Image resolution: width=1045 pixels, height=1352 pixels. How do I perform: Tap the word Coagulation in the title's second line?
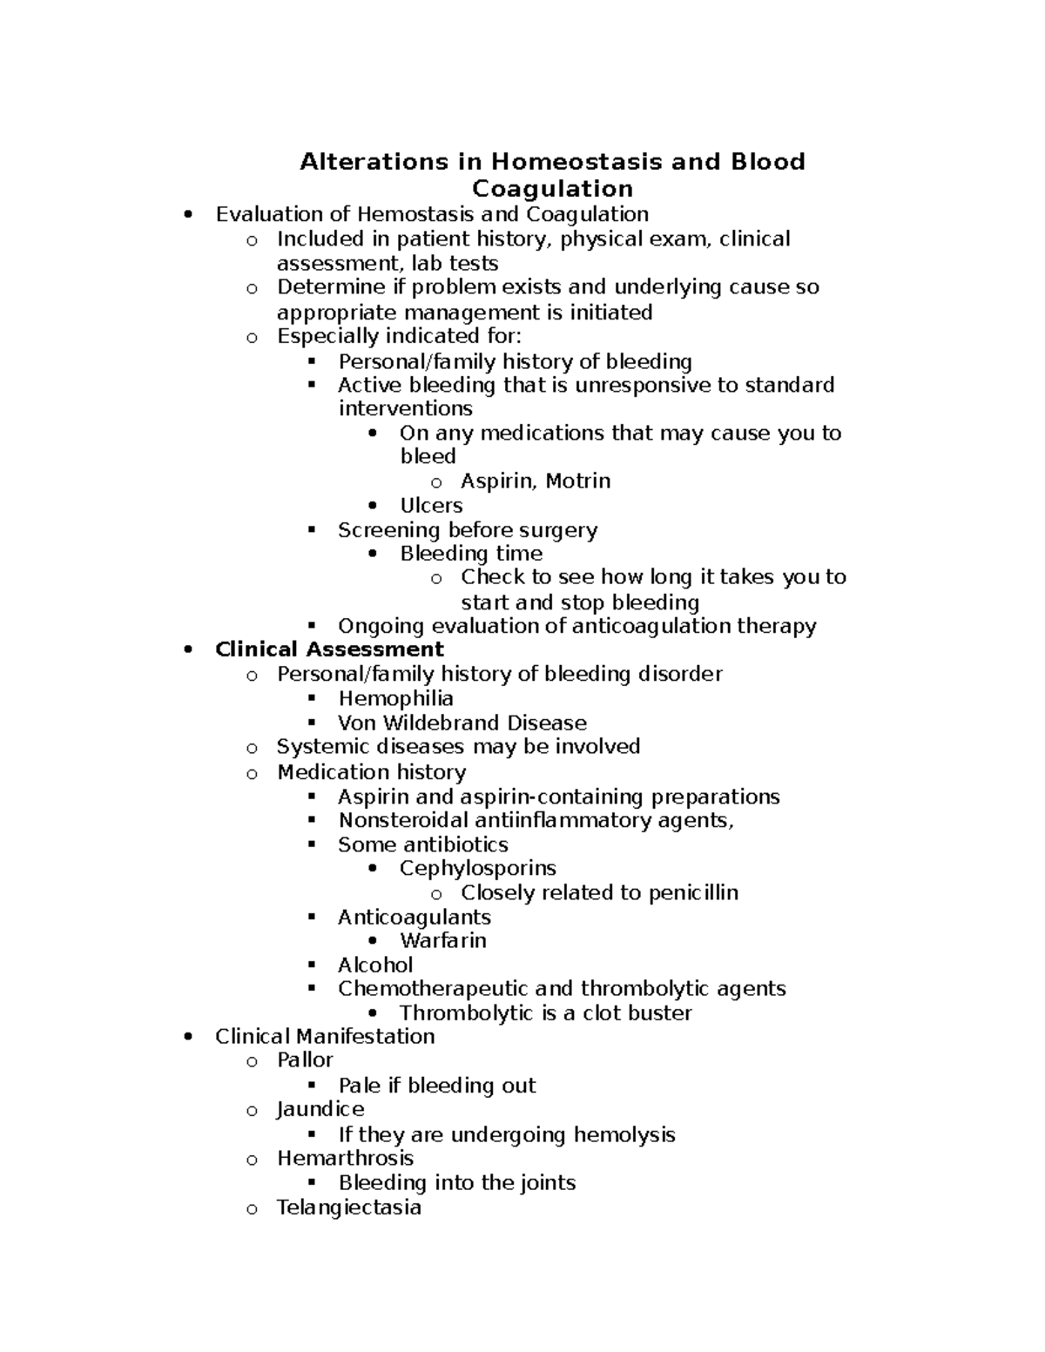pos(552,189)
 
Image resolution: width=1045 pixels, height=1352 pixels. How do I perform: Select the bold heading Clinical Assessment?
pos(329,649)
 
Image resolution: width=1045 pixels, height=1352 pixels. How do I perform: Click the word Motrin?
pos(576,481)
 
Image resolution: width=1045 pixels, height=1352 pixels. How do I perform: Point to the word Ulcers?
pos(431,506)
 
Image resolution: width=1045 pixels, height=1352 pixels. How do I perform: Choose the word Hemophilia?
pos(395,698)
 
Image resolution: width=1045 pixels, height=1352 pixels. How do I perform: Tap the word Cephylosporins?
pos(477,868)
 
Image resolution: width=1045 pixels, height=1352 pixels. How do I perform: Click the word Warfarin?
pos(442,940)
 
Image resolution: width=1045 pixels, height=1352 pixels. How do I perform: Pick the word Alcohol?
pos(375,965)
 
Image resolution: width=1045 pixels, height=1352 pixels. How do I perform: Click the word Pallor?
pos(305,1059)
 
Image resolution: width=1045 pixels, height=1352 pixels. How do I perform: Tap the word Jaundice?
pos(320,1109)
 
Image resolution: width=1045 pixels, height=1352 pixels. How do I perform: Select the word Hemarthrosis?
pos(345,1158)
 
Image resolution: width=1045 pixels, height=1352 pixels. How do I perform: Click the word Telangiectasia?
pos(348,1207)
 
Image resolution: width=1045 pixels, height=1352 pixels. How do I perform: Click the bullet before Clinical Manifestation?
pos(189,1037)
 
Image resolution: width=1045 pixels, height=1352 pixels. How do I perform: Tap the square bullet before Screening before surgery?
pos(312,530)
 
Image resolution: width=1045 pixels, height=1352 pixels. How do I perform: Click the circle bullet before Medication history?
pos(252,773)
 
